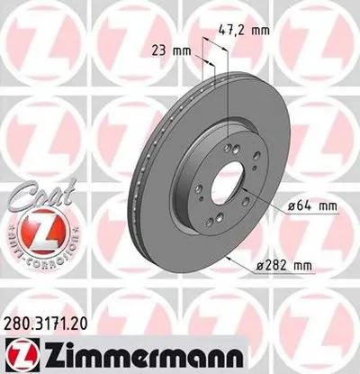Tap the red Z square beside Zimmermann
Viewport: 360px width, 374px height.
tap(18, 352)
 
